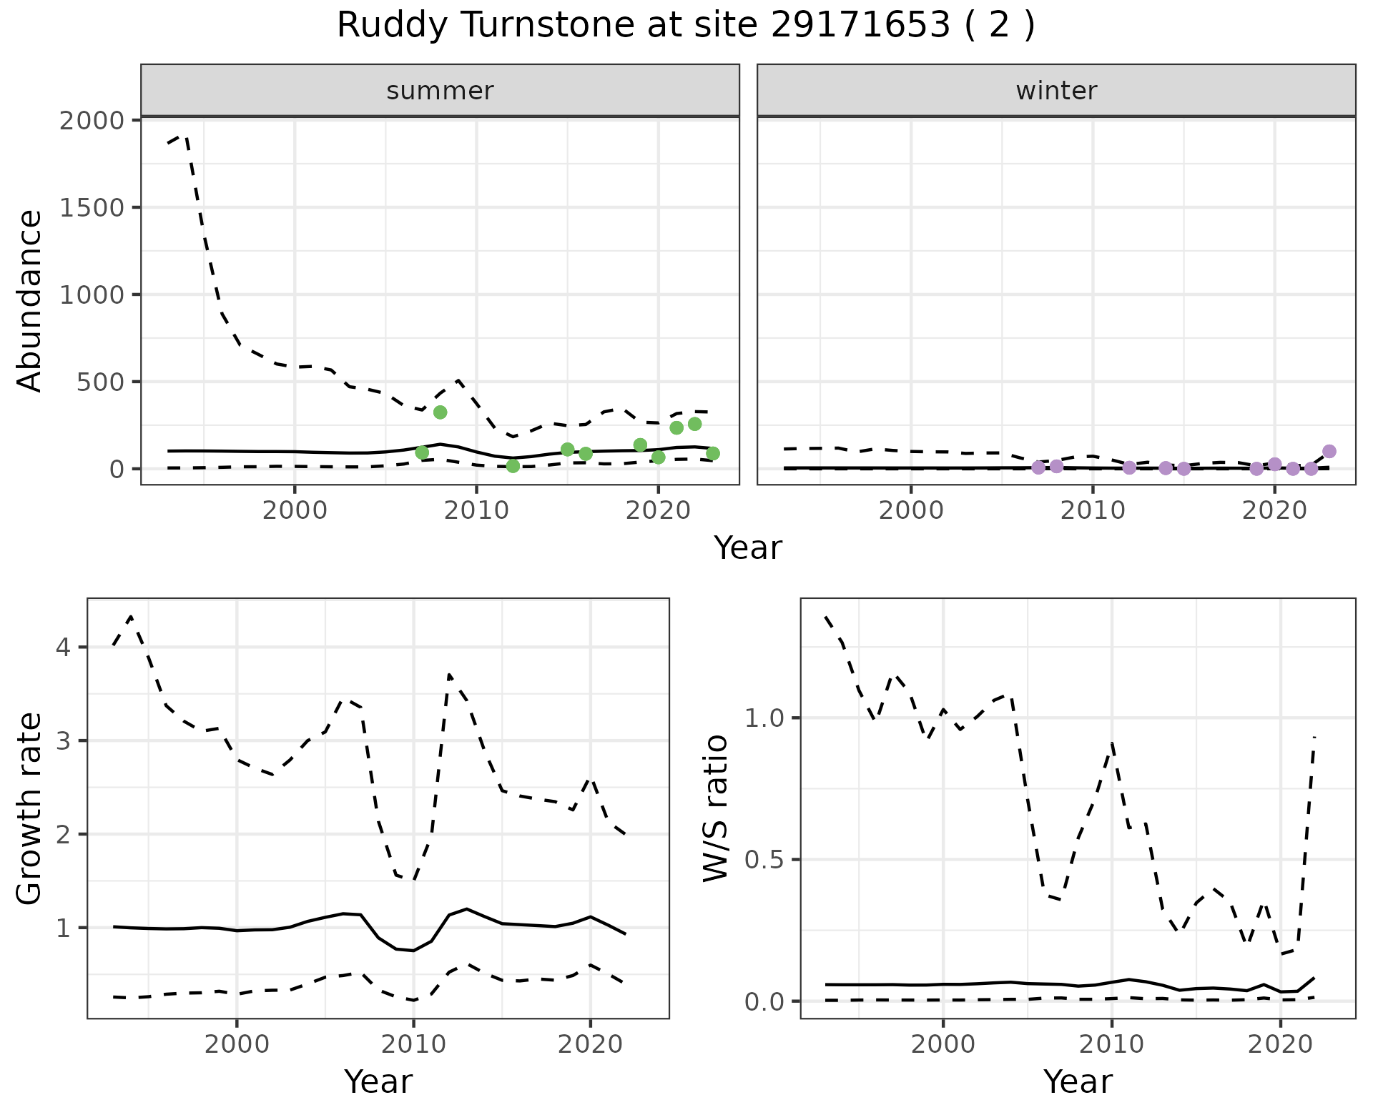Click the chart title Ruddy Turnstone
pyautogui.click(x=685, y=26)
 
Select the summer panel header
pyautogui.click(x=440, y=91)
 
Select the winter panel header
pyautogui.click(x=1056, y=91)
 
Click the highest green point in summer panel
pyautogui.click(x=441, y=412)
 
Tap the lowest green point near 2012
pyautogui.click(x=513, y=466)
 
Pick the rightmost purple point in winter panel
pyautogui.click(x=1329, y=451)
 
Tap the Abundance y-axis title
pyautogui.click(x=30, y=300)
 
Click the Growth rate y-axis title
pyautogui.click(x=30, y=808)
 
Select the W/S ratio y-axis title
pyautogui.click(x=715, y=808)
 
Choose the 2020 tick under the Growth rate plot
pyautogui.click(x=590, y=1044)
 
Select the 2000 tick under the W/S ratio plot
pyautogui.click(x=943, y=1044)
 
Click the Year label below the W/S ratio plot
pyautogui.click(x=1078, y=1081)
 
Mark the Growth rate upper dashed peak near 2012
pyautogui.click(x=449, y=674)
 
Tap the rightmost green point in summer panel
pyautogui.click(x=712, y=453)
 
